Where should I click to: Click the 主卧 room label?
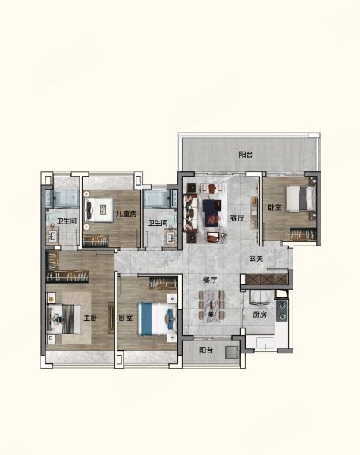90,318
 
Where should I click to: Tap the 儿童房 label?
126,214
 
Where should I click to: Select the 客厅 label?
237,218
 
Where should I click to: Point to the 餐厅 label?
210,280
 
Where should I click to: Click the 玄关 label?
256,258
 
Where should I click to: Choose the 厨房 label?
259,315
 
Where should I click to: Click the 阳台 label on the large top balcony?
246,155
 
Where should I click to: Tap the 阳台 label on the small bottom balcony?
206,350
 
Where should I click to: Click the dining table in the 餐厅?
211,306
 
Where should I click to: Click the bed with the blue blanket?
157,318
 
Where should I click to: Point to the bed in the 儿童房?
99,210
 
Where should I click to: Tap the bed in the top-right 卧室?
301,198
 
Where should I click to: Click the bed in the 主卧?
64,318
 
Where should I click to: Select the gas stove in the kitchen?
281,311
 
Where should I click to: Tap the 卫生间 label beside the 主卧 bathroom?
67,221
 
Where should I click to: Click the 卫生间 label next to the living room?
158,223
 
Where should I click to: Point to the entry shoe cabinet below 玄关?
267,279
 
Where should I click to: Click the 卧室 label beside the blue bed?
126,318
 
